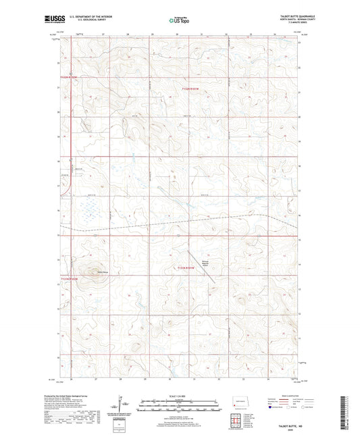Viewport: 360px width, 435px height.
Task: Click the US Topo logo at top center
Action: [x=179, y=21]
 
